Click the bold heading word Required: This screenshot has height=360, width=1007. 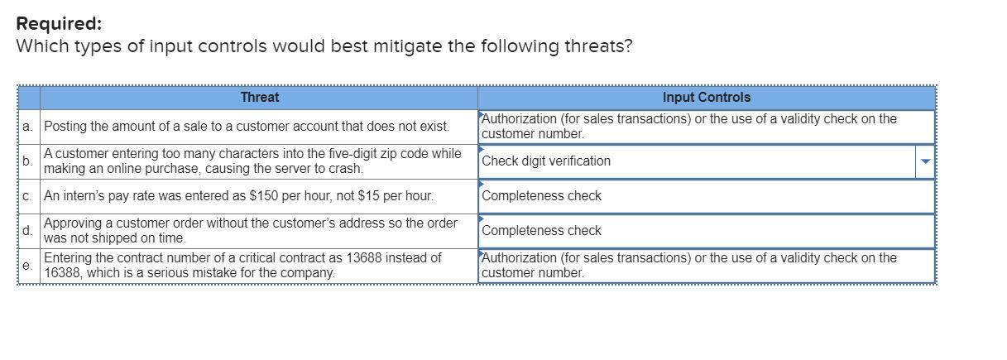click(57, 23)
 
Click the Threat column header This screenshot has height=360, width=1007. click(259, 97)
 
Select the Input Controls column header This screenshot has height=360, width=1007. click(706, 97)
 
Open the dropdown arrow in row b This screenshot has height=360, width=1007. click(926, 161)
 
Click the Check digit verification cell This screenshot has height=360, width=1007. click(546, 161)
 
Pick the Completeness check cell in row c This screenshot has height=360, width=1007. click(541, 196)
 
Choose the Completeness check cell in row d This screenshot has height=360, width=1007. click(541, 231)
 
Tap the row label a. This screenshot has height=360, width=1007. click(27, 127)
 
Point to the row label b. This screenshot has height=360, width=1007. click(27, 161)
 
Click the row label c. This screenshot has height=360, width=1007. click(27, 196)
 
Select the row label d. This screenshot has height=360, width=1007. click(27, 231)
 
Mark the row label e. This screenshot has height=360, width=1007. click(27, 266)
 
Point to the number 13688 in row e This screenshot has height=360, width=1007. click(370, 258)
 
